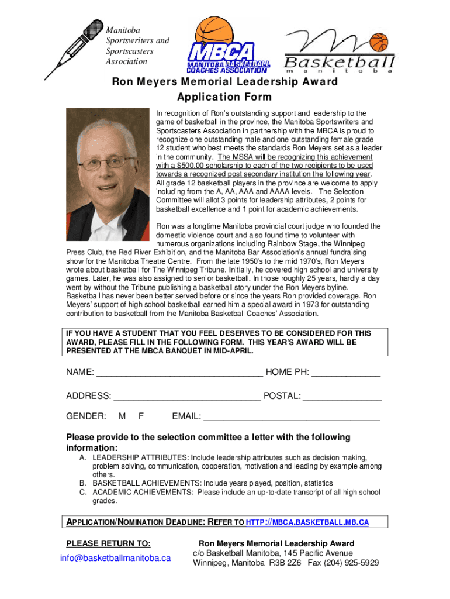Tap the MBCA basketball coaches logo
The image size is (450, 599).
point(229,47)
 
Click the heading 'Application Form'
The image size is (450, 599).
point(224,97)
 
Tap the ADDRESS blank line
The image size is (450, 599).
point(187,397)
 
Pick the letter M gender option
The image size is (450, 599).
point(122,416)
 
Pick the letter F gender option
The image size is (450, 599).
point(141,416)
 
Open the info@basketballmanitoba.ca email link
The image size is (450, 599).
point(115,558)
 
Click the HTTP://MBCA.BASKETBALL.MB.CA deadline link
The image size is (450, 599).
point(307,522)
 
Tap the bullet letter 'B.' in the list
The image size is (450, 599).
point(84,483)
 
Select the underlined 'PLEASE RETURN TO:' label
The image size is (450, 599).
point(108,543)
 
